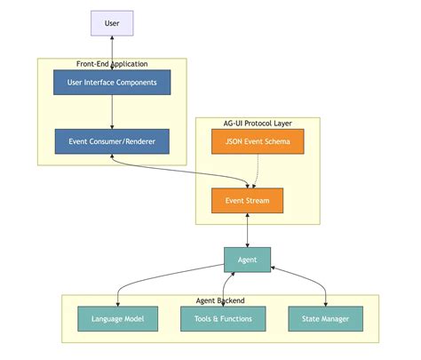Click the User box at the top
[x=112, y=22]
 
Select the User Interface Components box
[x=112, y=83]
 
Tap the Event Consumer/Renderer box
[x=112, y=141]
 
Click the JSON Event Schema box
[x=258, y=141]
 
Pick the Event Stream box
[x=247, y=201]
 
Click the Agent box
[x=247, y=260]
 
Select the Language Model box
[x=117, y=318]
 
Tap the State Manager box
[x=326, y=318]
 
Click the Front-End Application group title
[x=112, y=64]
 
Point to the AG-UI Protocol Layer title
[x=258, y=123]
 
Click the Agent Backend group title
[x=220, y=300]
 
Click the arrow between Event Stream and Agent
[x=247, y=229]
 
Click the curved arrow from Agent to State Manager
[x=311, y=276]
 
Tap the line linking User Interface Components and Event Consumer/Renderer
[x=112, y=112]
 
